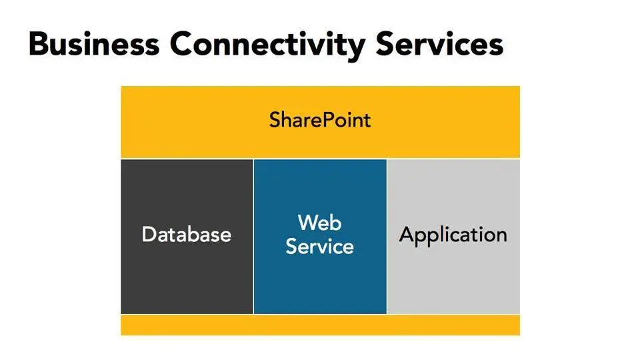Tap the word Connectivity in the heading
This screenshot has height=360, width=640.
click(x=267, y=45)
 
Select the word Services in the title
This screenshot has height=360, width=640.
click(x=439, y=44)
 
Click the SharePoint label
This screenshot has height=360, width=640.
click(x=320, y=121)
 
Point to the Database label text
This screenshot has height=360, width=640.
click(x=187, y=235)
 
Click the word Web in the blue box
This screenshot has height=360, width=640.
click(x=320, y=222)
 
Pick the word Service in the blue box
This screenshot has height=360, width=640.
click(x=320, y=247)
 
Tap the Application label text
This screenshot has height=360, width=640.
click(x=453, y=235)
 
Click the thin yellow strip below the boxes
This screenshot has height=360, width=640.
click(x=320, y=325)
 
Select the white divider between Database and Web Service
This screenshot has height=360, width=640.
click(x=253, y=236)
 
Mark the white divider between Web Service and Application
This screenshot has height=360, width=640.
click(x=387, y=236)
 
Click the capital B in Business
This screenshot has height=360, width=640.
click(x=39, y=44)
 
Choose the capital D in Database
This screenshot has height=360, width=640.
click(x=149, y=235)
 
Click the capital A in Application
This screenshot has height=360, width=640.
click(x=407, y=235)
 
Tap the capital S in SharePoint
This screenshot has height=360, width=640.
click(x=275, y=121)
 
